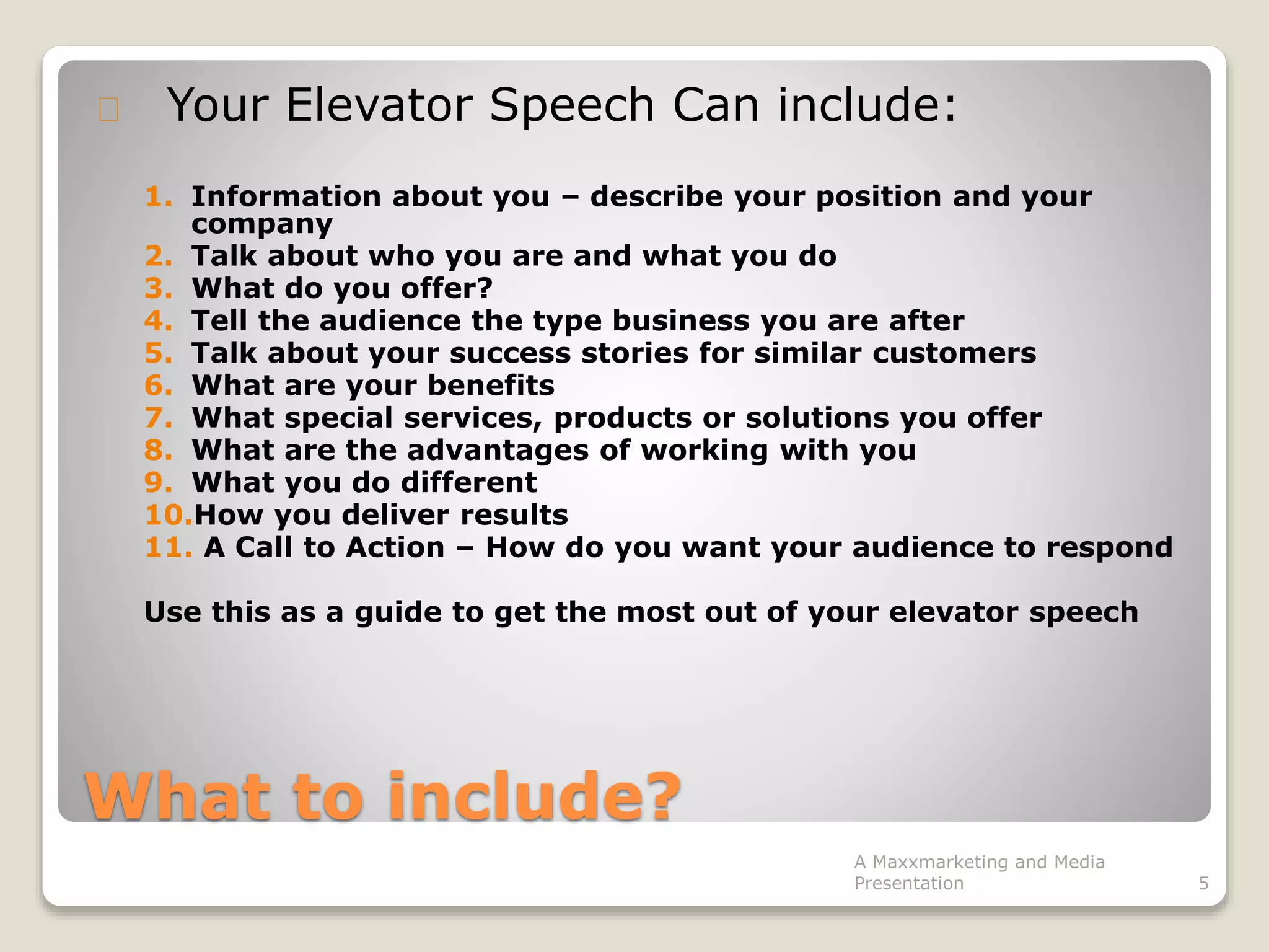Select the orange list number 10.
168,515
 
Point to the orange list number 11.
168,547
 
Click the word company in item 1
261,224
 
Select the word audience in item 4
390,321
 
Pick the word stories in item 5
634,353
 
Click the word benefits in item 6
491,386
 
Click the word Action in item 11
395,547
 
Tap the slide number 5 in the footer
1203,883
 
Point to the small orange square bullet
108,110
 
